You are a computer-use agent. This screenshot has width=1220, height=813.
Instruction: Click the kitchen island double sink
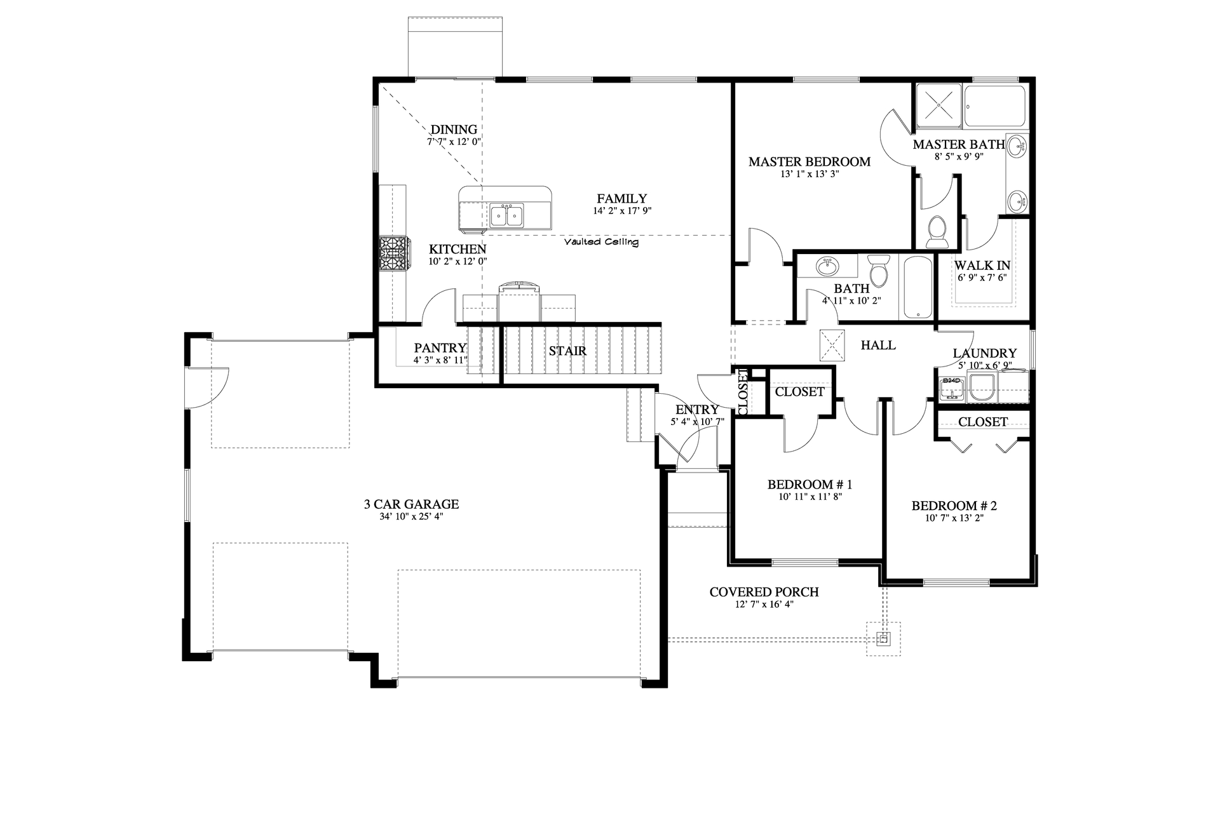[x=506, y=216]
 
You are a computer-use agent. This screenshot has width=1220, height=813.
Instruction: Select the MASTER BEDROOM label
[x=809, y=162]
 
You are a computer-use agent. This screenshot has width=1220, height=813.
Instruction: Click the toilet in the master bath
[x=937, y=231]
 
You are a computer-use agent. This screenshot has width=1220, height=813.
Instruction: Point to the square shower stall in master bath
[x=937, y=107]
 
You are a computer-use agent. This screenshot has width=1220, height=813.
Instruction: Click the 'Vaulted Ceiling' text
[x=601, y=242]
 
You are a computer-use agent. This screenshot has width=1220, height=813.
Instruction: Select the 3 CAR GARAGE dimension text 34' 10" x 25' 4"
[x=411, y=516]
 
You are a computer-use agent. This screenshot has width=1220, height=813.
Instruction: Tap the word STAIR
[x=567, y=351]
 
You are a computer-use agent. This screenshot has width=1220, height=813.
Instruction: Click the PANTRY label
[x=440, y=348]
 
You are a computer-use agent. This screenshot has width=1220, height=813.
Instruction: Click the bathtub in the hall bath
[x=916, y=287]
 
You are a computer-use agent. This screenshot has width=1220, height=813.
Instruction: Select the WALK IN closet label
[x=982, y=265]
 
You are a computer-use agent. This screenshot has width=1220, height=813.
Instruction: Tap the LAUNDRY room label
[x=984, y=353]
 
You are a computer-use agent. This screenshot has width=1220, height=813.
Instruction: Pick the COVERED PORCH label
[x=764, y=592]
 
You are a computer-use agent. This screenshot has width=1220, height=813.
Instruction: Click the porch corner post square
[x=883, y=639]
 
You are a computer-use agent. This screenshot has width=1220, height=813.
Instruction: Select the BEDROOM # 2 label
[x=954, y=506]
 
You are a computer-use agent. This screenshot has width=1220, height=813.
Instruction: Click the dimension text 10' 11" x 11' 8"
[x=810, y=497]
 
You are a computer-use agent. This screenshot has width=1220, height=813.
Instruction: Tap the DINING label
[x=454, y=130]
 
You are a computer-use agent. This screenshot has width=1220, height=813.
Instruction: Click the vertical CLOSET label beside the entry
[x=743, y=392]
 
